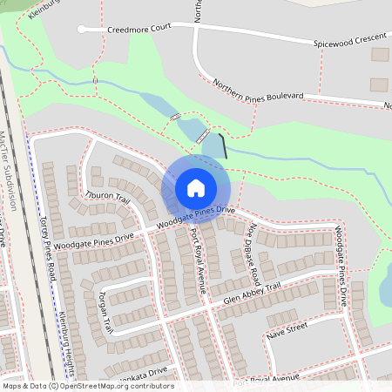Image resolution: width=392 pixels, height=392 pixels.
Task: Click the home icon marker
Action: coord(195,188)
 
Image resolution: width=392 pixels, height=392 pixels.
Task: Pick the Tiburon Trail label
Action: coord(106,196)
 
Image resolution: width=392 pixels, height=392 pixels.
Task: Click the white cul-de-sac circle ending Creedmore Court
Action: coord(81,30)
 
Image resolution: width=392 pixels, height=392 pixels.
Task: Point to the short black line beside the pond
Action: coord(224,145)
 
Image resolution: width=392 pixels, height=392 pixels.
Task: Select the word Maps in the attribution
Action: coord(12,386)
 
